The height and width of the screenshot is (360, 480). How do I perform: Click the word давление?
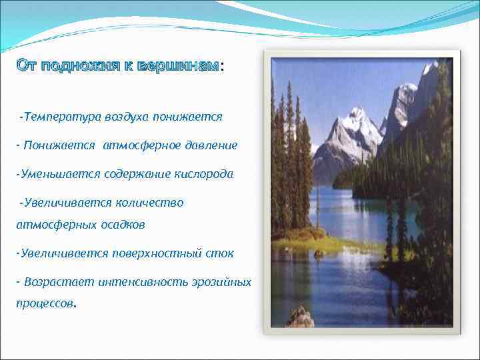point(212,145)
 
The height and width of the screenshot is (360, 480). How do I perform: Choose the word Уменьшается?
point(58,173)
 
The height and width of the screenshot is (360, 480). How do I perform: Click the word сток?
point(221,253)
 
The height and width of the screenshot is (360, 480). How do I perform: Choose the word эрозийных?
point(221,282)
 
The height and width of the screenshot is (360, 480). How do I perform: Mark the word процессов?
point(46,305)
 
